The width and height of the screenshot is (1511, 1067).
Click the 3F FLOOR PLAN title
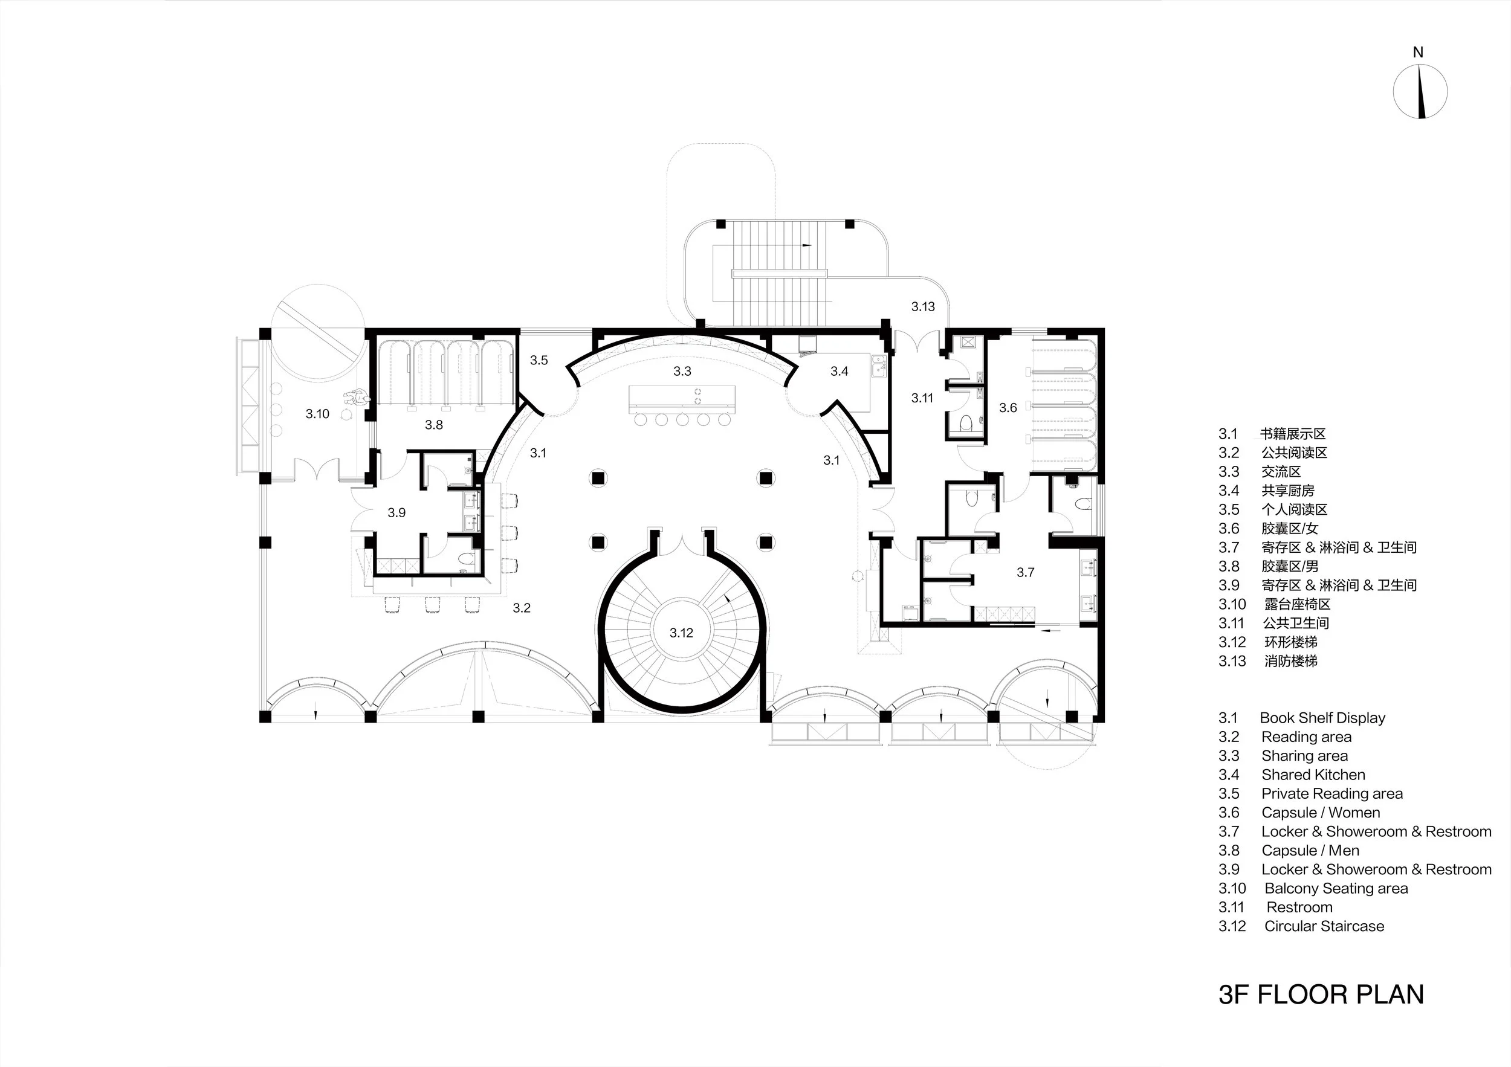1321,994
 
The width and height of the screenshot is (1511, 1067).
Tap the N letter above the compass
1418,53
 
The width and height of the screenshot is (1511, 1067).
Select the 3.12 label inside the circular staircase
681,633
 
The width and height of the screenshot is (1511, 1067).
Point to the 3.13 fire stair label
923,306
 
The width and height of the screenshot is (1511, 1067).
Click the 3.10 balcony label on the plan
317,414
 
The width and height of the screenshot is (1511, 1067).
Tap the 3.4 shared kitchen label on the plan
839,372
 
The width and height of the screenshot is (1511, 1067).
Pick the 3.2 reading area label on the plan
522,608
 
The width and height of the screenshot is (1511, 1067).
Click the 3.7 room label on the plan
1025,572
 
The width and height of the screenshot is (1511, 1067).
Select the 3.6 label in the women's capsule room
1008,408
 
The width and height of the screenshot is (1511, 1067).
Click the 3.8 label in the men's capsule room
434,425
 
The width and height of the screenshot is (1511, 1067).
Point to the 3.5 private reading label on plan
539,361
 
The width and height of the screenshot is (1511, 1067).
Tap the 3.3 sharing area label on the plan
682,372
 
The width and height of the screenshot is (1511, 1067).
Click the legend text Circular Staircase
1324,926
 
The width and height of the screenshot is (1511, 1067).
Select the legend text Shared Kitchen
1313,775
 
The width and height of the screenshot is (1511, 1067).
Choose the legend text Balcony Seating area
1336,889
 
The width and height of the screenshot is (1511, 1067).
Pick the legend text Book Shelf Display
1323,718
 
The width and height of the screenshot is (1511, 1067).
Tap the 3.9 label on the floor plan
396,512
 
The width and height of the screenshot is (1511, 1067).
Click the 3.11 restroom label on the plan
922,398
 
